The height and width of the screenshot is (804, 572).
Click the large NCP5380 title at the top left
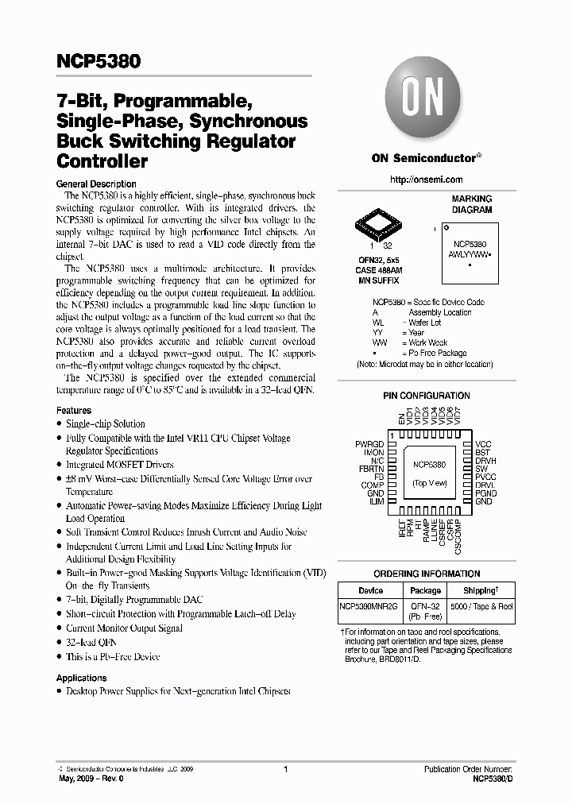(99, 60)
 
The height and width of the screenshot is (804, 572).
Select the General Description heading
(96, 184)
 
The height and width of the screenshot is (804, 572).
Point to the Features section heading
(74, 411)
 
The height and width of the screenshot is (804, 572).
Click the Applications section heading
(81, 678)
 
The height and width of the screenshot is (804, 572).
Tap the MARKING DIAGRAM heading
(472, 204)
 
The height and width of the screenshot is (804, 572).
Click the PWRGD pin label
(370, 443)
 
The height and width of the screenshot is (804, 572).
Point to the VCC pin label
(483, 443)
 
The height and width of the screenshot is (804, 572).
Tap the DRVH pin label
(486, 460)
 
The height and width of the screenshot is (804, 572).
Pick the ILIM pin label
(376, 501)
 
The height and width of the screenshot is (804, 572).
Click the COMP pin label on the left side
(373, 485)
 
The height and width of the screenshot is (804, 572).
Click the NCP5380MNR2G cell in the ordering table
(371, 606)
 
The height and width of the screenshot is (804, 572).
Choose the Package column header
(425, 590)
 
